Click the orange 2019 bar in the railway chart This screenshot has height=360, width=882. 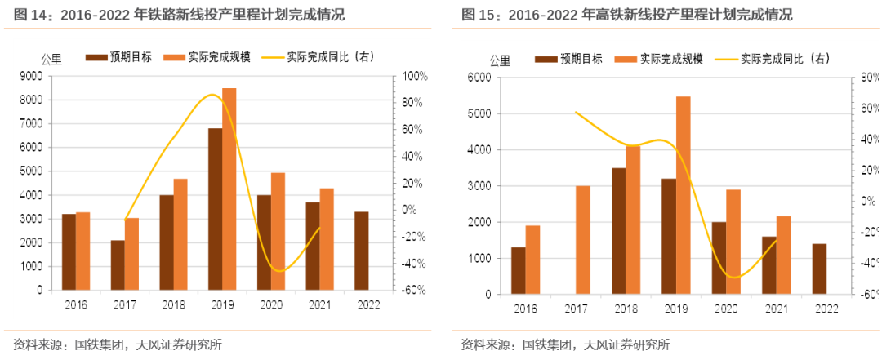point(229,189)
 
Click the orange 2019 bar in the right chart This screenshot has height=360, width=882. point(683,195)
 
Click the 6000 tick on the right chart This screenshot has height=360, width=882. point(479,78)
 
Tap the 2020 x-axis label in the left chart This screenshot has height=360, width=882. point(271,304)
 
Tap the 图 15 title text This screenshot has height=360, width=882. point(626,15)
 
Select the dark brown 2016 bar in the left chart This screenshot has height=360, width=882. point(69,251)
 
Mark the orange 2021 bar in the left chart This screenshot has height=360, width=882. point(327,238)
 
